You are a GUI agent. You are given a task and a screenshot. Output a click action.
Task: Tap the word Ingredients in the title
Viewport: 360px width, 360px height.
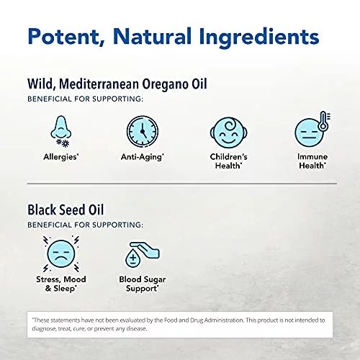point(259,37)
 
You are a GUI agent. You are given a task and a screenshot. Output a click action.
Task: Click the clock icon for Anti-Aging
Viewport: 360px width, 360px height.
point(143,131)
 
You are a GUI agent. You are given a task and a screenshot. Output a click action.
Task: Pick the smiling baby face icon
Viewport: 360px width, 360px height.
point(229,132)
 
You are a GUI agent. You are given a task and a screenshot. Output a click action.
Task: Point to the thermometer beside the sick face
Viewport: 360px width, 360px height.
point(323,120)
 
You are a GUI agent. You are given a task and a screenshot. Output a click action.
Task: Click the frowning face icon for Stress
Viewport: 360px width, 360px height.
point(61,254)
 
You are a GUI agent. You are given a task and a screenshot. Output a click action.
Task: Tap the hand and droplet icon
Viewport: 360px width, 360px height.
point(143,254)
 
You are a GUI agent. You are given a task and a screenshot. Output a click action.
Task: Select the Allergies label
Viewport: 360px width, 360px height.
point(61,157)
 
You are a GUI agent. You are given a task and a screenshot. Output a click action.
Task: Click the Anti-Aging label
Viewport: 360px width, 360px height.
point(143,157)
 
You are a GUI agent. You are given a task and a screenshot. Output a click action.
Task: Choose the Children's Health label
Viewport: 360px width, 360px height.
point(228,161)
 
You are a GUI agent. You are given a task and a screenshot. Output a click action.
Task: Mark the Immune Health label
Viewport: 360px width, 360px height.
point(312,161)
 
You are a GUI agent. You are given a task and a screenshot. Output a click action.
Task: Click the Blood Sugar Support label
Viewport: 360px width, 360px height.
point(143,284)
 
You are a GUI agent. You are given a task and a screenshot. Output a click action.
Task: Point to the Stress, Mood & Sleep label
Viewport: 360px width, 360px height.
point(61,284)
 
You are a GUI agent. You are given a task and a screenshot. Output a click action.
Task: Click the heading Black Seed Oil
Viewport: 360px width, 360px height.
point(66,210)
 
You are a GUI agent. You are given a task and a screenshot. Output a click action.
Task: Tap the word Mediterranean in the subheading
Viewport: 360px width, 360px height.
point(99,84)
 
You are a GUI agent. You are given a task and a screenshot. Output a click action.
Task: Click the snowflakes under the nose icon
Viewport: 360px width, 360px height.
point(63,143)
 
